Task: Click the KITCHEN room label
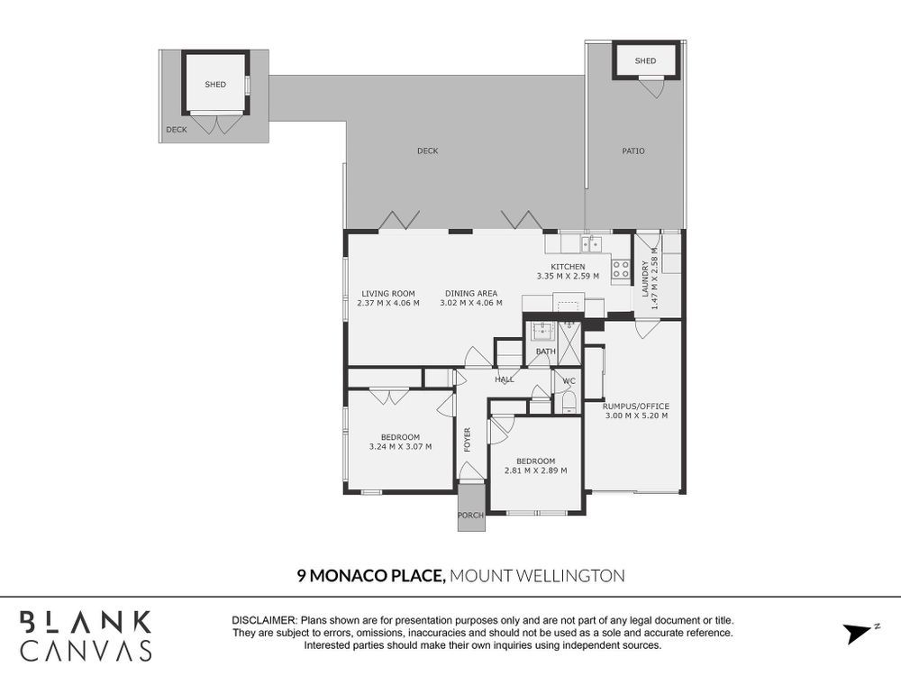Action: [x=568, y=267]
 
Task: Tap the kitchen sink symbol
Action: [x=591, y=243]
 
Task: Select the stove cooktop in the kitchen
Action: [x=621, y=269]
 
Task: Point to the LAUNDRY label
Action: [x=645, y=279]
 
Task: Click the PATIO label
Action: [x=633, y=151]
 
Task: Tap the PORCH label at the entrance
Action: [x=470, y=515]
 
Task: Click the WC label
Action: [x=569, y=381]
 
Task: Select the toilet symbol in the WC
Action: [x=569, y=403]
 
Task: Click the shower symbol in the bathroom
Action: [x=569, y=343]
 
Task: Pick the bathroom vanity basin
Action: [x=542, y=331]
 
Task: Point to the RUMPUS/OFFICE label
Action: [x=636, y=407]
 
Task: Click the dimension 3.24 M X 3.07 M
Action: [x=401, y=447]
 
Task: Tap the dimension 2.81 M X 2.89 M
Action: [x=535, y=470]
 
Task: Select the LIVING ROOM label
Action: [x=388, y=294]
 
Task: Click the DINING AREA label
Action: [x=471, y=294]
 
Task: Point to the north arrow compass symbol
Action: [x=860, y=633]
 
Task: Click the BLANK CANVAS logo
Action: [x=86, y=635]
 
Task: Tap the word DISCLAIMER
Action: [x=264, y=621]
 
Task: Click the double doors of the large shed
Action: [x=216, y=124]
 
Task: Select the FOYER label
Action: [x=467, y=440]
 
